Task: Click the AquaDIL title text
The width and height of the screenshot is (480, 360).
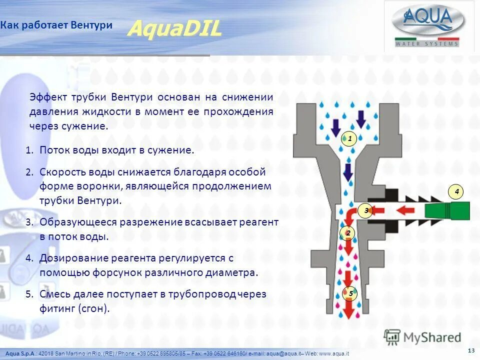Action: point(174,29)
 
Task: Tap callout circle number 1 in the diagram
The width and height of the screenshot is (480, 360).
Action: point(349,138)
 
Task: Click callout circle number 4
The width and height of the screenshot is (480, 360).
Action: point(456,191)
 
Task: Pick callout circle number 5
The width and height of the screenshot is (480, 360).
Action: point(350,293)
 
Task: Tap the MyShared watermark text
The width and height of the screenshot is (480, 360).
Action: point(432,337)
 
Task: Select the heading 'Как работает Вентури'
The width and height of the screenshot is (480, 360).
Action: point(56,25)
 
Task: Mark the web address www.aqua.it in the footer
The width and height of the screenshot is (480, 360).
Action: point(333,353)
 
